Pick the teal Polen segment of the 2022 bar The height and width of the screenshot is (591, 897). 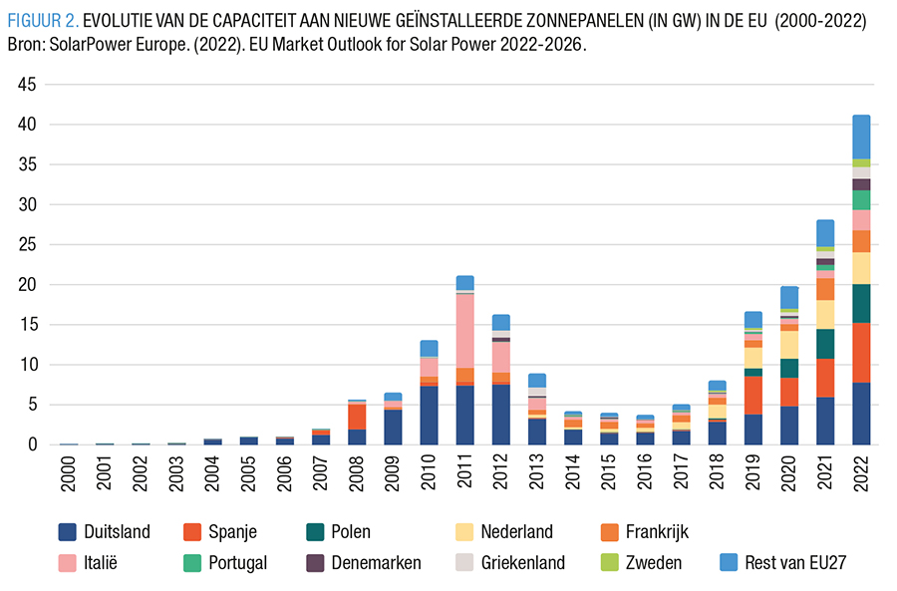coord(861,303)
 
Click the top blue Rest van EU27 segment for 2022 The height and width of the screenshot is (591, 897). coord(861,137)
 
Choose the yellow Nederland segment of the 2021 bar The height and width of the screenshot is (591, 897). coord(825,314)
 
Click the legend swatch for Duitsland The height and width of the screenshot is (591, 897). coord(69,531)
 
